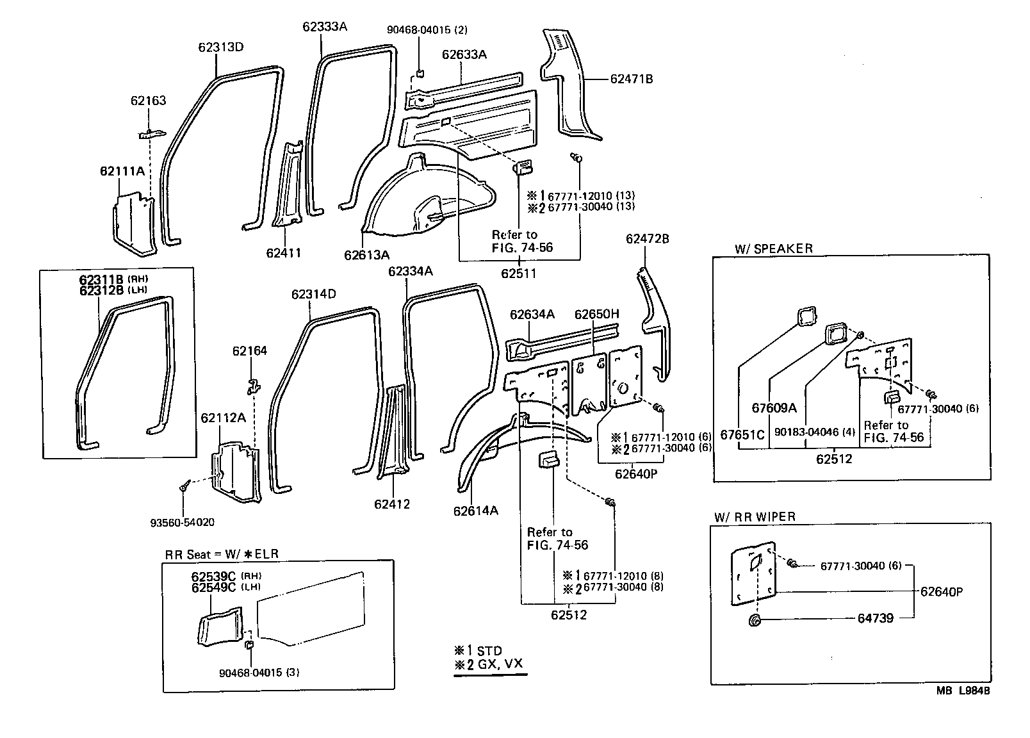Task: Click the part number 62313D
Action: pos(220,47)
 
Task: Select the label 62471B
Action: pos(631,79)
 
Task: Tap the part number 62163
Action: pos(148,101)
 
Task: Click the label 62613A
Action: pos(366,255)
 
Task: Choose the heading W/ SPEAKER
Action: pos(774,249)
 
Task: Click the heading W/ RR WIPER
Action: pos(755,517)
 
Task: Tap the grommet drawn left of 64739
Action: pos(755,620)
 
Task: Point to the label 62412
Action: pos(392,504)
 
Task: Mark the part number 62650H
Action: pos(596,314)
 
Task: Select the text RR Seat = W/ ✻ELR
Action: pos(222,554)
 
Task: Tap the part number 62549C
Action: pos(213,587)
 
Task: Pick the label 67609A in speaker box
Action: pos(774,408)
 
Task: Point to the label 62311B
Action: pos(101,279)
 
